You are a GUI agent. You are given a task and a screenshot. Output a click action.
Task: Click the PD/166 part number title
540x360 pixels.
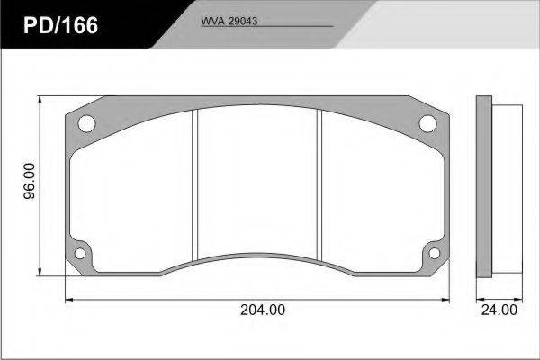click(x=60, y=26)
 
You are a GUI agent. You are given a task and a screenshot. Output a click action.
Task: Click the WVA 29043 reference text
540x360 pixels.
click(x=229, y=21)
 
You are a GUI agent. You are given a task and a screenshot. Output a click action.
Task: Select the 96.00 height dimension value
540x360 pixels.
click(x=30, y=181)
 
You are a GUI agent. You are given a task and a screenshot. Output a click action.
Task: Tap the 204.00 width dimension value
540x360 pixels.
click(x=263, y=310)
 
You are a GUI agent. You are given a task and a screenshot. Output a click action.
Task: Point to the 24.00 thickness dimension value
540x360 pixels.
click(x=499, y=310)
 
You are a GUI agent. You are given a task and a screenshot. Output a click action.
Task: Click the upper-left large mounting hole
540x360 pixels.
click(x=86, y=123)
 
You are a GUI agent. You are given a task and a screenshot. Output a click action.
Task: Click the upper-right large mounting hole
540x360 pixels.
click(x=427, y=123)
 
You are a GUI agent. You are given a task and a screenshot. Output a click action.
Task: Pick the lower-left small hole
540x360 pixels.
click(x=80, y=254)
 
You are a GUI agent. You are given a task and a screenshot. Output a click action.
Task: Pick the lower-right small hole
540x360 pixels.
click(x=435, y=254)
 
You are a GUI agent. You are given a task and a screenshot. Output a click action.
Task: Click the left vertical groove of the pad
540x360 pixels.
click(x=195, y=184)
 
